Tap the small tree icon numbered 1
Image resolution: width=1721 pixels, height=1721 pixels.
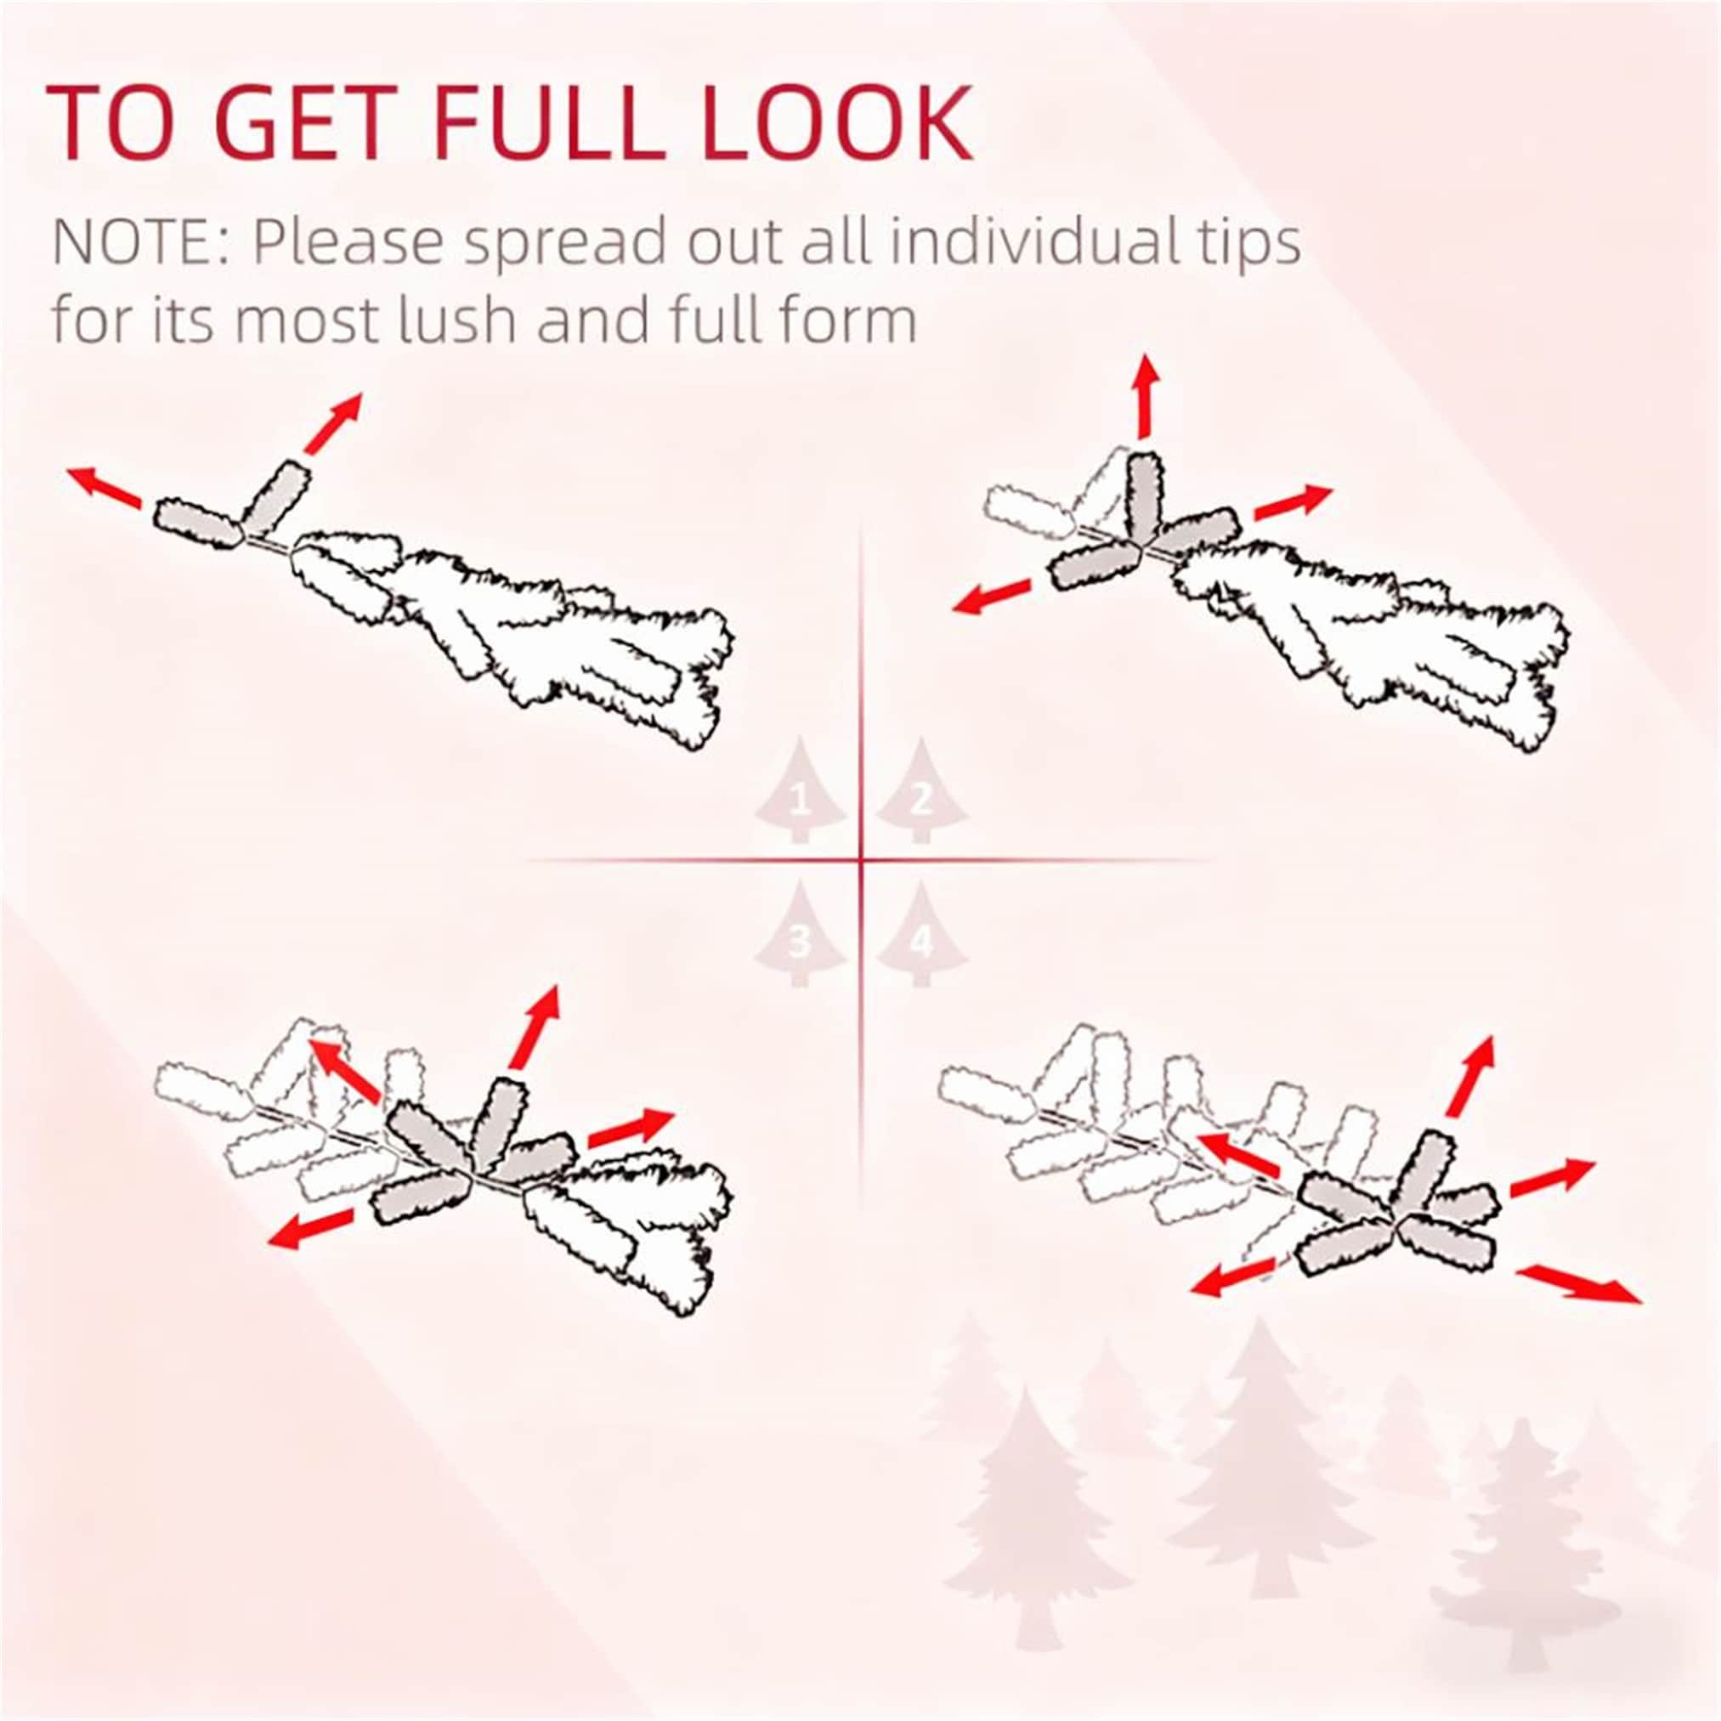point(800,790)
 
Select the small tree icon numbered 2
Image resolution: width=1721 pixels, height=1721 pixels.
point(921,790)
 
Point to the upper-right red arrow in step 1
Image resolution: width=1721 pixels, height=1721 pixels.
point(333,423)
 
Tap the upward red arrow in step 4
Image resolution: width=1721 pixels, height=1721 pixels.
point(1469,1076)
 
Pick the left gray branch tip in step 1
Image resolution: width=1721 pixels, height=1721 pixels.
point(198,522)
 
